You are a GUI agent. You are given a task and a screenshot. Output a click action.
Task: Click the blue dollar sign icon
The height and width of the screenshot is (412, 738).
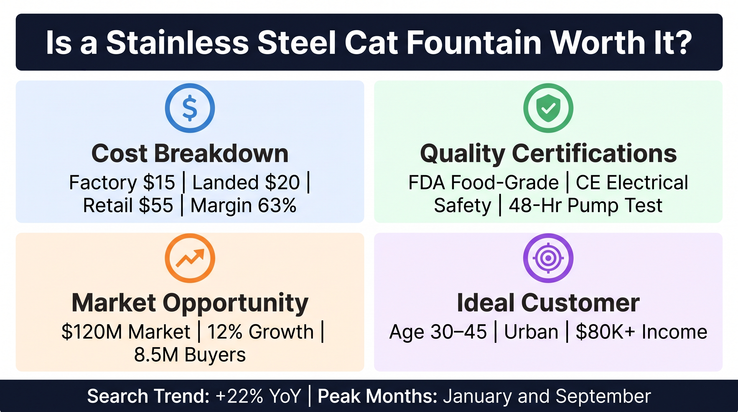coord(190,108)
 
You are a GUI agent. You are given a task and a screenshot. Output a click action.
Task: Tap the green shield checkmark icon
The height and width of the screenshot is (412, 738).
coord(548,108)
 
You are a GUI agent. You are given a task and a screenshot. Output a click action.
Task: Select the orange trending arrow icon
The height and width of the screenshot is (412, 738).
coord(190,258)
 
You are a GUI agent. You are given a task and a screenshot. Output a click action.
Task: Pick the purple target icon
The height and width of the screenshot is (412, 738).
coord(548,258)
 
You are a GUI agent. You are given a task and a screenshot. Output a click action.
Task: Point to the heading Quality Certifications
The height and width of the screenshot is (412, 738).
coord(548,154)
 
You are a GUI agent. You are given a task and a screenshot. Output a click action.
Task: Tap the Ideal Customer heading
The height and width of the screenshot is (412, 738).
coord(548,303)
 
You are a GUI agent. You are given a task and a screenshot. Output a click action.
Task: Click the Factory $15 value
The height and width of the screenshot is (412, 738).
coord(122,182)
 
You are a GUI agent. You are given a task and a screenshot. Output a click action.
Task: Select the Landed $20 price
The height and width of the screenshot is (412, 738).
coord(246,182)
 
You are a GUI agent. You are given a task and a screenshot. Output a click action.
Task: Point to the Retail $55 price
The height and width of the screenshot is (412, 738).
coord(128,205)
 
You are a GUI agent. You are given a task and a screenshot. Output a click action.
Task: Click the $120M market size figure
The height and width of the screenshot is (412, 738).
coord(126,332)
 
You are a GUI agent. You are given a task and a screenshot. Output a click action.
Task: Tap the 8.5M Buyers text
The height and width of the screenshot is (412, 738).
coord(190,355)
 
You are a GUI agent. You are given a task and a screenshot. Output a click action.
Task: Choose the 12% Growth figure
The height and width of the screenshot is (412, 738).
coord(260,332)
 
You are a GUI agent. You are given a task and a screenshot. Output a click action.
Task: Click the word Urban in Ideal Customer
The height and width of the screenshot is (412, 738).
coord(531,332)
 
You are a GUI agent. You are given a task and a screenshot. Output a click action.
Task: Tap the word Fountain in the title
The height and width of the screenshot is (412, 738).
coord(474,42)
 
